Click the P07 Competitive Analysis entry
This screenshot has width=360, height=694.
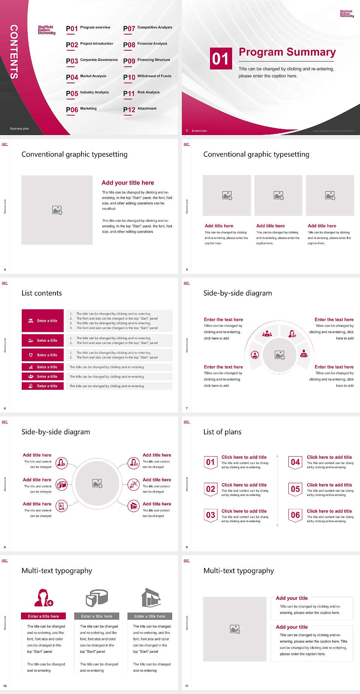point(148,28)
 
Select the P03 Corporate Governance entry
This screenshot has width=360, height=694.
point(92,60)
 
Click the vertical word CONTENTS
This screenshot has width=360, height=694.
point(14,52)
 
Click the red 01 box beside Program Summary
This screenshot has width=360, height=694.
point(220,59)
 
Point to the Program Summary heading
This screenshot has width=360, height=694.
point(287,52)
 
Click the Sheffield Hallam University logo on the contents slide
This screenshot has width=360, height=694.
point(46,30)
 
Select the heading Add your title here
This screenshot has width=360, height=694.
point(127,183)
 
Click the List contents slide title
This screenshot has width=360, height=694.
point(42,293)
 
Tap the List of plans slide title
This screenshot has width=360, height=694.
point(222,432)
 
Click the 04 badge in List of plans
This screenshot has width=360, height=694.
point(295,462)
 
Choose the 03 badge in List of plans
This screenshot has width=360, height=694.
point(210,515)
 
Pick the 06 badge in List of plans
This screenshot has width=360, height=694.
point(295,515)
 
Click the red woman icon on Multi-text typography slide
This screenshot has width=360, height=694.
point(43,598)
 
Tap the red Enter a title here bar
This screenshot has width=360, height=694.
point(43,616)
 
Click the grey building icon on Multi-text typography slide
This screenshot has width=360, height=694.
point(151,598)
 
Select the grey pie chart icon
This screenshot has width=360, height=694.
point(97,598)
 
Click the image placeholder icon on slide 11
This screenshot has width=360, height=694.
point(235,629)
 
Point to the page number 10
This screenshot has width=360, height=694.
point(5,686)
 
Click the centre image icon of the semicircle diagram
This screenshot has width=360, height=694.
point(280,355)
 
